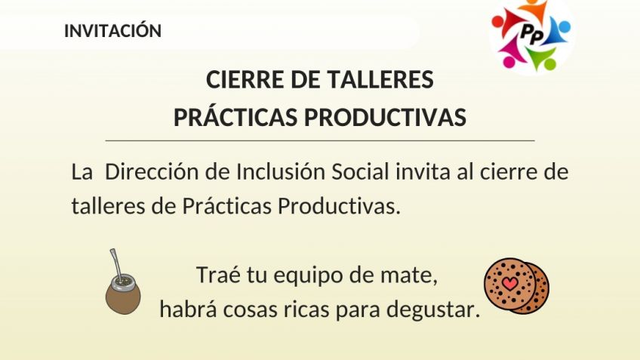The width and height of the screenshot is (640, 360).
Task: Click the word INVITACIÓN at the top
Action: click(112, 30)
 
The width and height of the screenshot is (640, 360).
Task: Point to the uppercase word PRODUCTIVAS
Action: click(385, 118)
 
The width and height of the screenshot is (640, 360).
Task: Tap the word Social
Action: click(360, 171)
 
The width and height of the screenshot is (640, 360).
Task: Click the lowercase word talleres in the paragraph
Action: click(108, 206)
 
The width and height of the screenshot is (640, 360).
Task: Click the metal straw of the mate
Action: click(116, 264)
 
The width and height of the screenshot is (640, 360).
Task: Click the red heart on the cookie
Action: click(509, 283)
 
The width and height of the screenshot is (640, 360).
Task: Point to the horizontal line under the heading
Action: click(320, 140)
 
